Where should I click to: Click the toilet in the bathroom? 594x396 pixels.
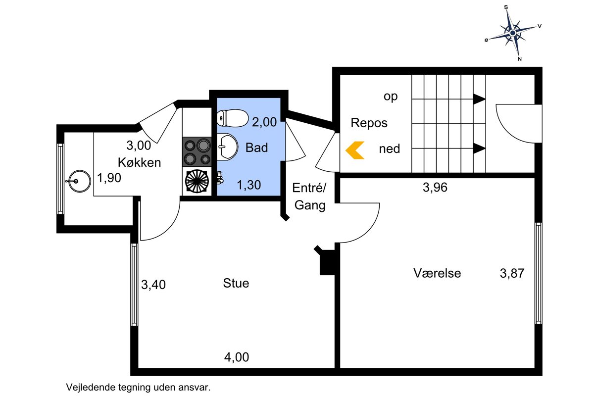point(232,118)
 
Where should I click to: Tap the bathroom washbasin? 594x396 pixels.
point(227,147)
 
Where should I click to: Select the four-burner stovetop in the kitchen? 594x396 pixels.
point(197,151)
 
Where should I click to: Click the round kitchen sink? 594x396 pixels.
point(79,181)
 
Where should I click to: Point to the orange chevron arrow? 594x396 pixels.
point(355,150)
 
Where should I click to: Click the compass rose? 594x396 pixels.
point(513,33)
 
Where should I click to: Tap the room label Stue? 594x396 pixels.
point(236,283)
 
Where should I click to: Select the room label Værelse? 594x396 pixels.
point(437,273)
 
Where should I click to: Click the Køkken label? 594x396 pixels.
point(140,162)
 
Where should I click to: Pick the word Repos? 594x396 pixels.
point(369,123)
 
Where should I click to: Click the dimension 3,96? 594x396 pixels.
point(435,187)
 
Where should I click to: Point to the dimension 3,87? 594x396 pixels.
point(512,273)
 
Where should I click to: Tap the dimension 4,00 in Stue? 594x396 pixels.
point(237,357)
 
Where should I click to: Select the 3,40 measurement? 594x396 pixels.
point(153,285)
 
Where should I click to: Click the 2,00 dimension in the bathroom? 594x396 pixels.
point(264,122)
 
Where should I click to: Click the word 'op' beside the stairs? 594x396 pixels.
point(391,97)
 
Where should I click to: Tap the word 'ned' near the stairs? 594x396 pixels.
point(389,149)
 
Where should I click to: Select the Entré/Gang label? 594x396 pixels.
point(309,197)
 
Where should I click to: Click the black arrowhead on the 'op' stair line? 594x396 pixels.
point(480,99)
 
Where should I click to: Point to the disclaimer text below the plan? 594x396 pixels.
point(138,387)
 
